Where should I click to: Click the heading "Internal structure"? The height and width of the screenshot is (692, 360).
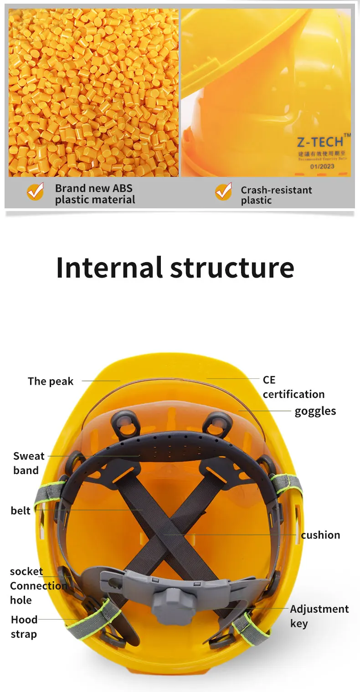175,268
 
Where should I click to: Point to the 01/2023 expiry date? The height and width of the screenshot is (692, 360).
322,166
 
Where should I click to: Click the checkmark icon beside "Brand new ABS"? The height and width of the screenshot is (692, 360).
35,191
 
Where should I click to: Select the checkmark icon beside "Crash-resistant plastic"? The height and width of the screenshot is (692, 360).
223,192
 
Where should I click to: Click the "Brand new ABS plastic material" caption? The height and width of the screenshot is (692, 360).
95,194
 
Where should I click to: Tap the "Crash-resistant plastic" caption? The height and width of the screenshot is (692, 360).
276,195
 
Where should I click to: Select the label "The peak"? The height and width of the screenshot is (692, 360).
50,381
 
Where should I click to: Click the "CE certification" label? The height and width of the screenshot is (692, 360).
293,387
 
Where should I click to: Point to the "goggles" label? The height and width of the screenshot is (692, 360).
315,411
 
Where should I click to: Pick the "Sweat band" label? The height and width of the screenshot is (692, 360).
28,463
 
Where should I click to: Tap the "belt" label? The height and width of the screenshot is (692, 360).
21,511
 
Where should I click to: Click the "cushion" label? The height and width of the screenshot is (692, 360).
320,535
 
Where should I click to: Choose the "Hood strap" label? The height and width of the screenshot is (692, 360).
24,627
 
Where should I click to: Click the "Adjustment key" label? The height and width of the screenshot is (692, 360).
319,616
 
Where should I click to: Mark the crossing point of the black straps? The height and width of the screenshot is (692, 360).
167,524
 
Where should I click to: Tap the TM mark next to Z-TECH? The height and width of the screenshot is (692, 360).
347,135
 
